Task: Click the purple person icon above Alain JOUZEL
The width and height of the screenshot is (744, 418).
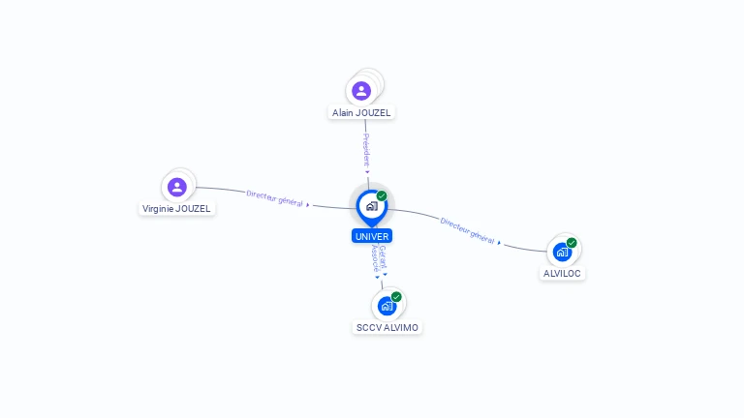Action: pos(361,91)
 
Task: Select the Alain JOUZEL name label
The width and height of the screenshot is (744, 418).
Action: pos(362,112)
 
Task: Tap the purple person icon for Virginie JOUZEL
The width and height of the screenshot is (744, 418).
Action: pos(176,187)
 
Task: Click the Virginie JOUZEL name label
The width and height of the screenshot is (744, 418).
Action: pos(176,208)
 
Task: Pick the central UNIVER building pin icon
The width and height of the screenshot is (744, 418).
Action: pos(371,206)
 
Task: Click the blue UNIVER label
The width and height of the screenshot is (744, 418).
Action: pos(372,236)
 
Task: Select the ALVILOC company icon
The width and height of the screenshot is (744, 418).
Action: pos(562,253)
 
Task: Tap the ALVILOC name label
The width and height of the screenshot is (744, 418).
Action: pos(563,273)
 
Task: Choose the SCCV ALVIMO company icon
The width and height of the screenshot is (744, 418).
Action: pos(387,307)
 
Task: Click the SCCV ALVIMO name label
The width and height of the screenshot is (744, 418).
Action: pos(387,327)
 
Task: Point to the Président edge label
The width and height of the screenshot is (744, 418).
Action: pos(366,150)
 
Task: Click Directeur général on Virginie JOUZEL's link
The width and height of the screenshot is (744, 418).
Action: pos(275,198)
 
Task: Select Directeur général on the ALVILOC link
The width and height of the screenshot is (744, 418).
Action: pos(468,230)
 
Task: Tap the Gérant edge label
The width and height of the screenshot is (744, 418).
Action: pos(384,258)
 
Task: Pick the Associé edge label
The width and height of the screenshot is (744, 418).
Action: pos(376,258)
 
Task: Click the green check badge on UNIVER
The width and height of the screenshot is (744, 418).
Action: pos(382,196)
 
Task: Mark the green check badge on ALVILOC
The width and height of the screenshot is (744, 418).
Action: pos(572,243)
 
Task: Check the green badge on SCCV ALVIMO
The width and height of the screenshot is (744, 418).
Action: pos(396,297)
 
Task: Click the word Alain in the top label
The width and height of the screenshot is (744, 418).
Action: pos(343,112)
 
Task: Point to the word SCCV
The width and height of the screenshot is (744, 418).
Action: pos(369,327)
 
